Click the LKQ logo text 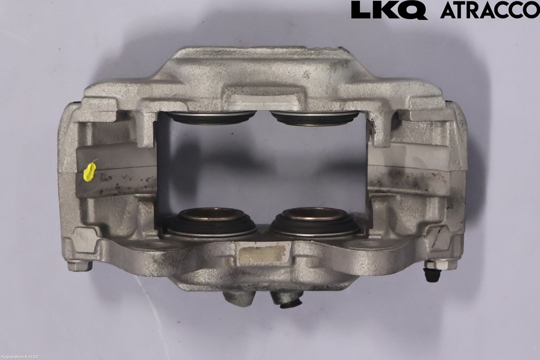click(x=389, y=11)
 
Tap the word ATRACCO click(x=490, y=10)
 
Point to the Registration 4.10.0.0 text click(x=20, y=357)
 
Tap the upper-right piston click(x=315, y=118)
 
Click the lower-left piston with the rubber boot click(x=210, y=221)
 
